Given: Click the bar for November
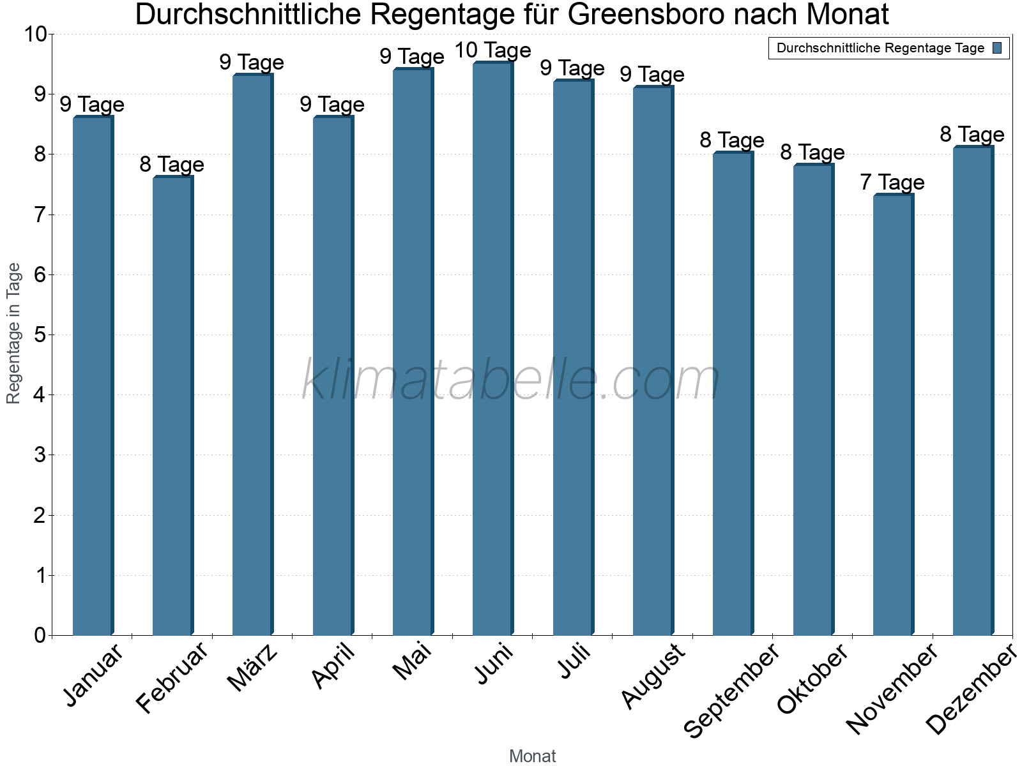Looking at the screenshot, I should pos(893,415).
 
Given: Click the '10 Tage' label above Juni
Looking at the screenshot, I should pos(492,50).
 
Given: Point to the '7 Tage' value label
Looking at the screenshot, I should pos(892,183).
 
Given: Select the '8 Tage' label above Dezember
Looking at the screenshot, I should pos(972,135).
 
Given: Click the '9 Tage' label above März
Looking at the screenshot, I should pos(252,63).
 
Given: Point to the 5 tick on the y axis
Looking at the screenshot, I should pos(40,335).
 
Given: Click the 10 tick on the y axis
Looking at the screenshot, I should pos(35,34).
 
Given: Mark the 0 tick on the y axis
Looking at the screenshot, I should pos(40,635).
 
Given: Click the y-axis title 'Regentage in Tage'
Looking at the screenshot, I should pos(13,333).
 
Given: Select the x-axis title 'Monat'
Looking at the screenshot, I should pos(532,756).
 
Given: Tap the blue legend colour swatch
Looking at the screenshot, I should pos(998,48).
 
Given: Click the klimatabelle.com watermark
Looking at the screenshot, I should pos(511,380).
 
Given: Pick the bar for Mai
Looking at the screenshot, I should pos(413,352).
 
